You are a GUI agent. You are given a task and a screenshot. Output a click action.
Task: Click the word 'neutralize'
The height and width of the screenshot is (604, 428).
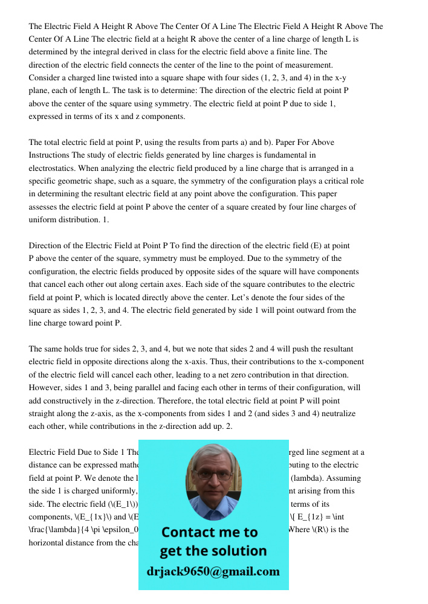point(337,414)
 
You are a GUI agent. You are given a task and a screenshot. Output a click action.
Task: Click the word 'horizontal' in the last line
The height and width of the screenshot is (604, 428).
point(50,542)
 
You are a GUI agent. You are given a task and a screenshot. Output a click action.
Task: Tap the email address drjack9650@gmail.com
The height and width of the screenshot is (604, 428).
point(213,571)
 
